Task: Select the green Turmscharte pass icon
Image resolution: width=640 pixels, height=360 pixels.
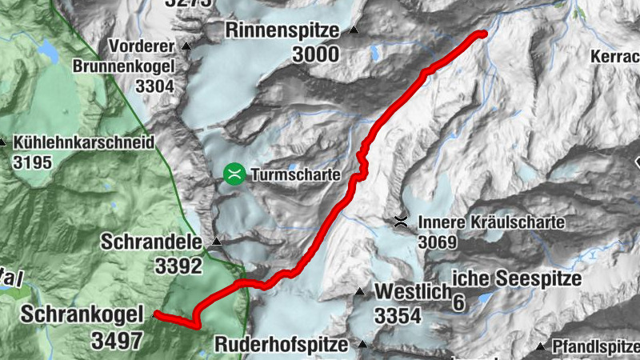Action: click(x=234, y=174)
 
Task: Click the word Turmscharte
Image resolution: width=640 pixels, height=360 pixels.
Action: click(x=295, y=174)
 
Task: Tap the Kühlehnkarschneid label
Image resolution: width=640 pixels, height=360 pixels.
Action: click(x=82, y=142)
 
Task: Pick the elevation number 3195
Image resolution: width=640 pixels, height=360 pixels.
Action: click(x=33, y=163)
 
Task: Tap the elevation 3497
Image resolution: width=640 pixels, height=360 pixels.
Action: click(x=116, y=340)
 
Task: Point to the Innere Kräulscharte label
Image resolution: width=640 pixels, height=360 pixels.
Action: click(x=491, y=222)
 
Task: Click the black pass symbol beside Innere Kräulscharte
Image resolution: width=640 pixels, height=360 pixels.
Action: click(x=401, y=221)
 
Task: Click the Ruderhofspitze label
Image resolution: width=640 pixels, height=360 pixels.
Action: click(x=282, y=345)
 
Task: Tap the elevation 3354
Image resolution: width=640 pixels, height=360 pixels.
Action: click(x=397, y=316)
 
